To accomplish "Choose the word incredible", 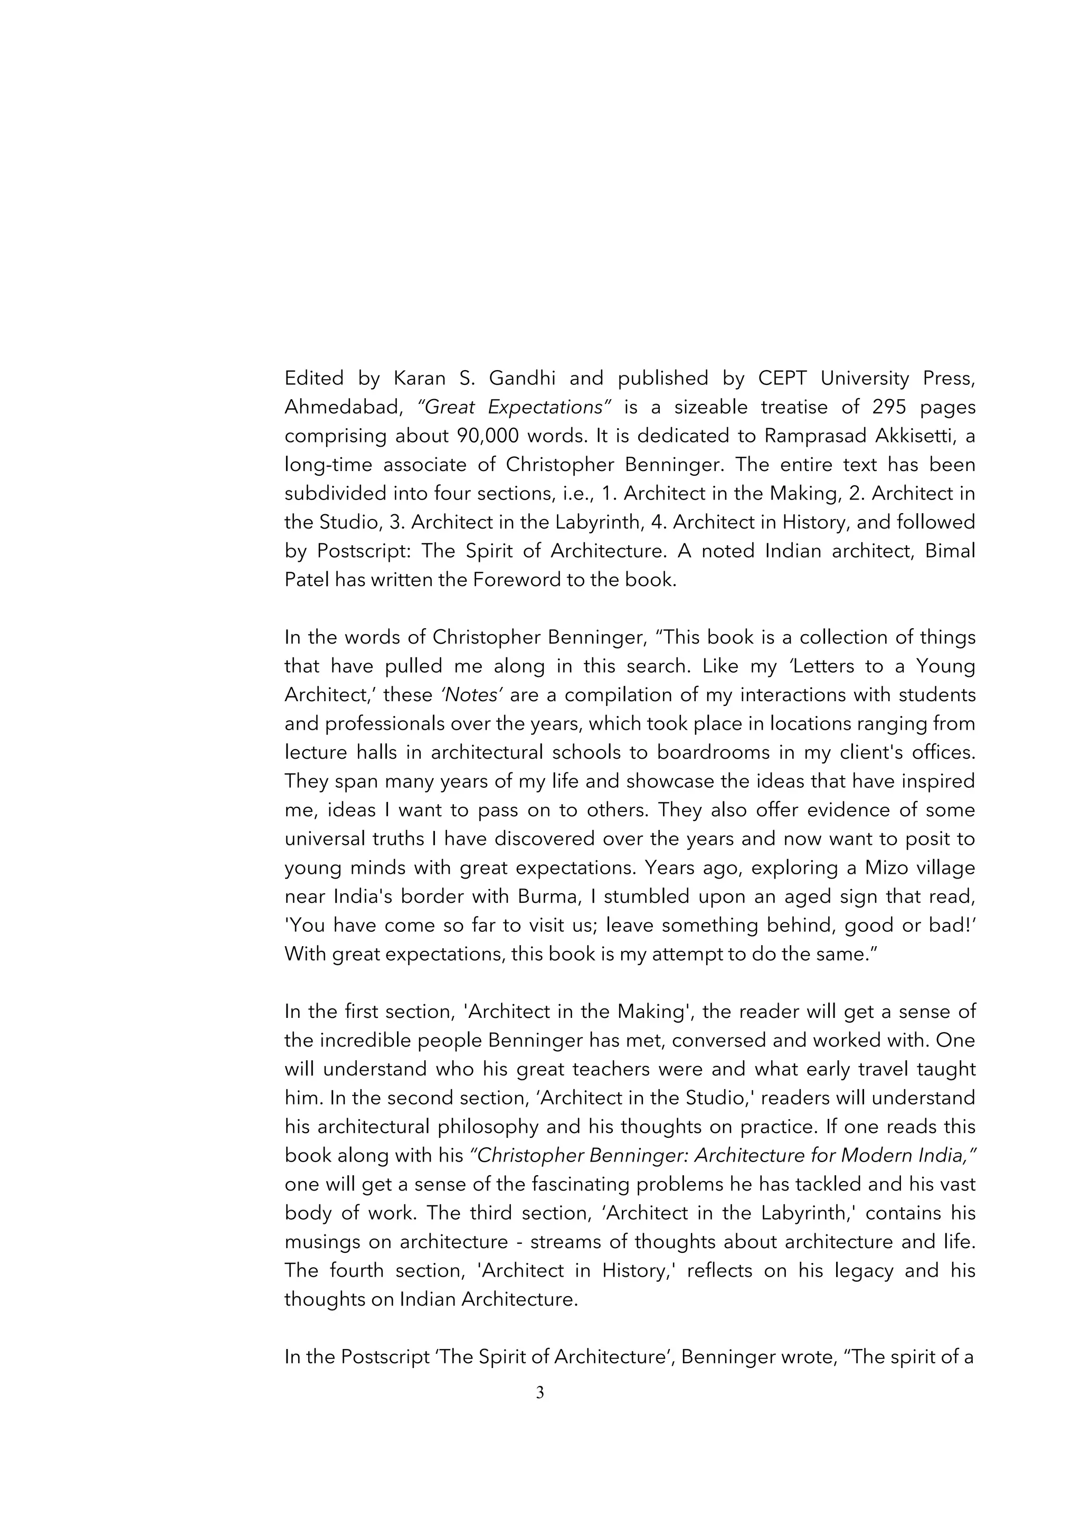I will coord(369,1040).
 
